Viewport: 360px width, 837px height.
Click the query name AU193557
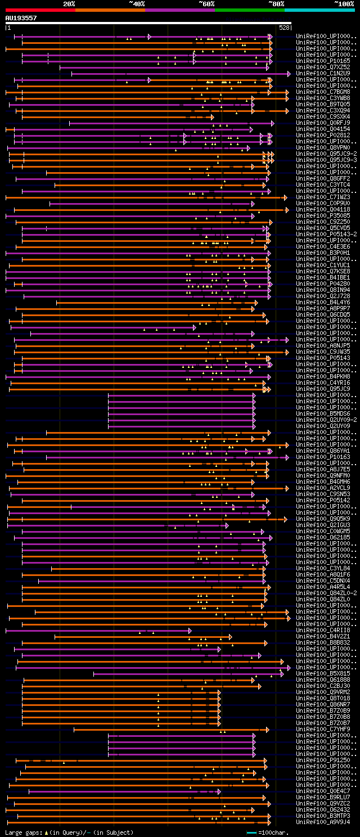[x=21, y=18]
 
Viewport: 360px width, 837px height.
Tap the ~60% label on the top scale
[x=206, y=4]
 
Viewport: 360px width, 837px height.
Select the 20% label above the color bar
[x=69, y=4]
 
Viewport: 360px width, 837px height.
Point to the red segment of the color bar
[x=40, y=10]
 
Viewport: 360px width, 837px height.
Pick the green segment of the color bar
[x=249, y=10]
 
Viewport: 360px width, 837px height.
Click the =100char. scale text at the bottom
[x=272, y=832]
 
